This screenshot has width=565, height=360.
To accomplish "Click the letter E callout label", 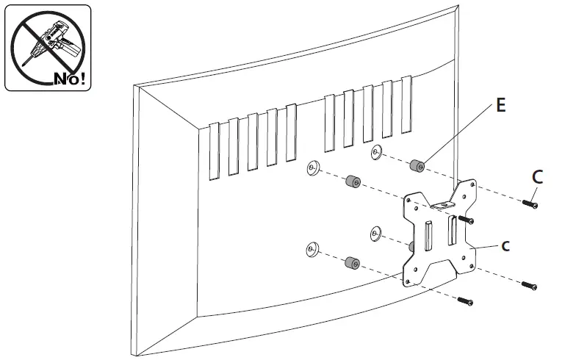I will coord(500,106).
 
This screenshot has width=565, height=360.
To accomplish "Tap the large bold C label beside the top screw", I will coord(537,176).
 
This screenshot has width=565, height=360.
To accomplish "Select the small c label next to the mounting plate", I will coord(505,246).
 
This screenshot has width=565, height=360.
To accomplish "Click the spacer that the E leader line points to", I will coord(419,166).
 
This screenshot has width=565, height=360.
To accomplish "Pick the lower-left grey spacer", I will coord(350,262).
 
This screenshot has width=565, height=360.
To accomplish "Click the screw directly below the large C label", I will coord(529,202).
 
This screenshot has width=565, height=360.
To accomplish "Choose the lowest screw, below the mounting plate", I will coord(464,300).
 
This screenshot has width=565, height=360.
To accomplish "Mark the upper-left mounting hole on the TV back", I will coord(312,168).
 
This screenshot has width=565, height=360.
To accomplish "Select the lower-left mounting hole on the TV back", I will coord(312,249).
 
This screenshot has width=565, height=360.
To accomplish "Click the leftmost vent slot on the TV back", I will coord(214,151).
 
